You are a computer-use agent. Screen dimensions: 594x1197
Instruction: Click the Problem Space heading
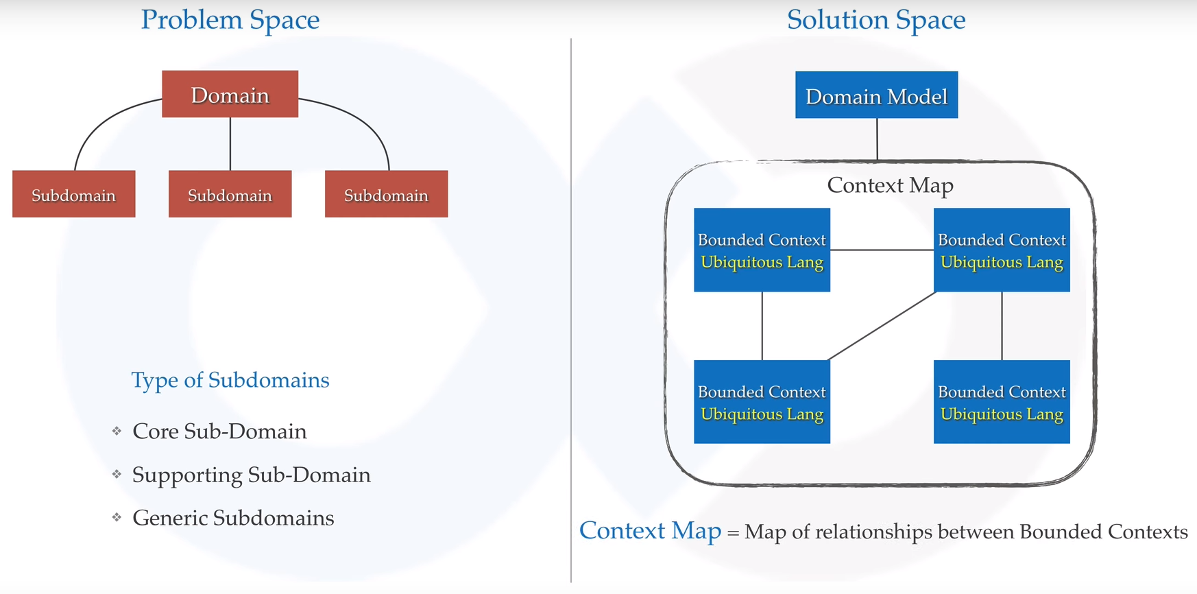pos(230,20)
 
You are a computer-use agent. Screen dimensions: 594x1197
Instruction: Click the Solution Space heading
pos(875,20)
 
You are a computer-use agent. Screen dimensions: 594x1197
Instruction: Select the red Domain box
pos(230,94)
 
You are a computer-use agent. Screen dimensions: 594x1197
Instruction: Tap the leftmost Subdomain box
pos(73,194)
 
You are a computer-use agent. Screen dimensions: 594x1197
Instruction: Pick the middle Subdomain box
pos(230,194)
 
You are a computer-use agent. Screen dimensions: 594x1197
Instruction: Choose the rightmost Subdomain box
pos(386,194)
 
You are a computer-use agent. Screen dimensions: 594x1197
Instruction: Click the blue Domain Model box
pos(876,95)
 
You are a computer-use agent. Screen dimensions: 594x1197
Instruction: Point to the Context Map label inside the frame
pos(890,185)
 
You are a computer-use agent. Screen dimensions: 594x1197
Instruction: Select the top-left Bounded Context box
pos(762,250)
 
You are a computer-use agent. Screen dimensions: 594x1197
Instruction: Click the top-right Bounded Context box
pos(1002,250)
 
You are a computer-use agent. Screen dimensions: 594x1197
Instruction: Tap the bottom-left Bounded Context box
pos(762,402)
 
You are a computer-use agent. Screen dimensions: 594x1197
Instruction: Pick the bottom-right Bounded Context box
pos(1002,402)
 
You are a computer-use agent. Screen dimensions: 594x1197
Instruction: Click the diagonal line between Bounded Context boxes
pos(882,326)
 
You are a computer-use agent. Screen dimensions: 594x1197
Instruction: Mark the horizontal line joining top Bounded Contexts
pos(882,250)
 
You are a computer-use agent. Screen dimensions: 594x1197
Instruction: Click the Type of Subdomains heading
pos(230,380)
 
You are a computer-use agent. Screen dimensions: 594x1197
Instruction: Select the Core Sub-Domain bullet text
pos(219,431)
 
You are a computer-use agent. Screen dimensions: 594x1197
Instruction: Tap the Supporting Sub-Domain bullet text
pos(251,475)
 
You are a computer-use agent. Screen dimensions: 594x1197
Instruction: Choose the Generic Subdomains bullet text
pos(233,518)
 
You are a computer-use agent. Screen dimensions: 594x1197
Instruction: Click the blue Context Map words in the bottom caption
pos(650,531)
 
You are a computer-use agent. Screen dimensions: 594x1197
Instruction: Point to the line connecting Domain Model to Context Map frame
pos(877,139)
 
